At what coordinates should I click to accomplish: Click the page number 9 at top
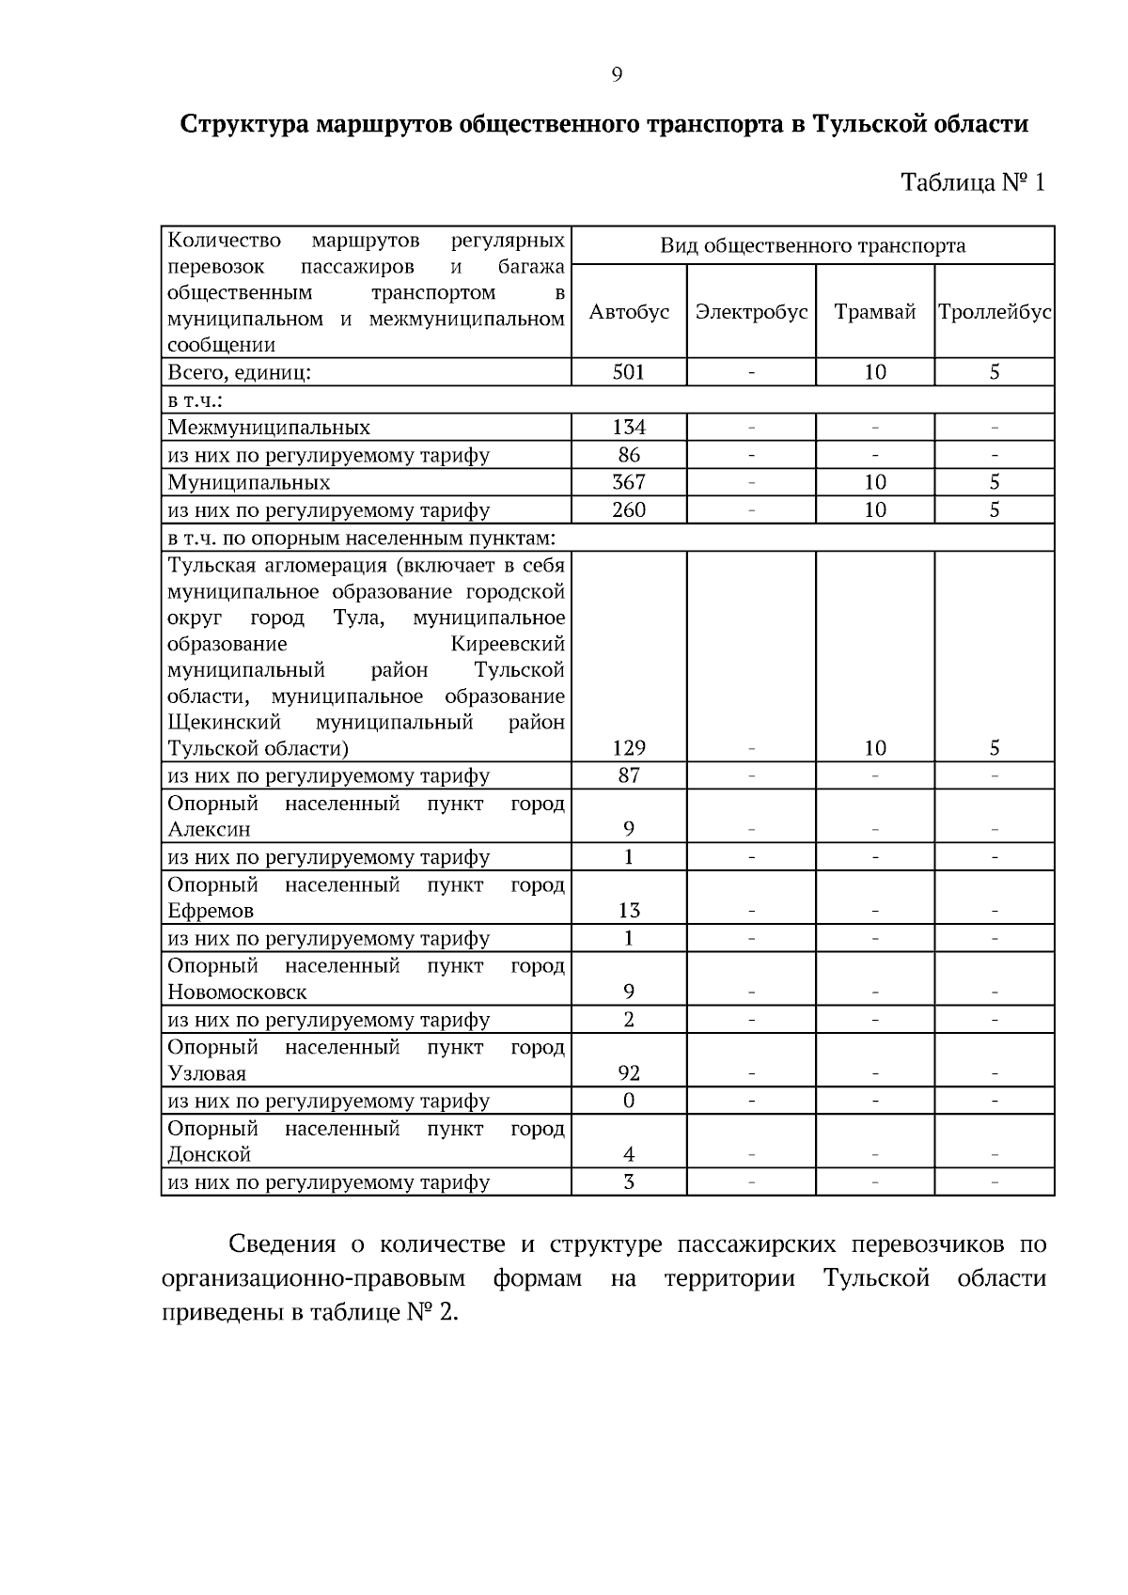[x=617, y=75]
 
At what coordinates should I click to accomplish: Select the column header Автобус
[x=629, y=312]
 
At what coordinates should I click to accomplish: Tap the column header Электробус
[x=751, y=312]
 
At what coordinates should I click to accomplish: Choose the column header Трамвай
[x=874, y=312]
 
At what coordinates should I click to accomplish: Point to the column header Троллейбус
[x=995, y=312]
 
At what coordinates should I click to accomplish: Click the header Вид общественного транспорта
[x=812, y=246]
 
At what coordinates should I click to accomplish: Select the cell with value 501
[x=629, y=372]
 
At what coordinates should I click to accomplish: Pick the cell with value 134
[x=629, y=428]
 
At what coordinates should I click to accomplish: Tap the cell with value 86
[x=629, y=455]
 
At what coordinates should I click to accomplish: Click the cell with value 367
[x=629, y=482]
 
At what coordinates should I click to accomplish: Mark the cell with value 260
[x=629, y=510]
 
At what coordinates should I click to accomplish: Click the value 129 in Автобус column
[x=629, y=748]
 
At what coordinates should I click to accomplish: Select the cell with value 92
[x=629, y=1073]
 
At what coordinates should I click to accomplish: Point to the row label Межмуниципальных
[x=269, y=428]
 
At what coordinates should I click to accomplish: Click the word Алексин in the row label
[x=209, y=830]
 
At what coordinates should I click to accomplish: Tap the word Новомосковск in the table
[x=237, y=993]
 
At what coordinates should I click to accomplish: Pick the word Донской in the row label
[x=209, y=1155]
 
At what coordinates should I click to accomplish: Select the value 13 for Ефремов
[x=629, y=911]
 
